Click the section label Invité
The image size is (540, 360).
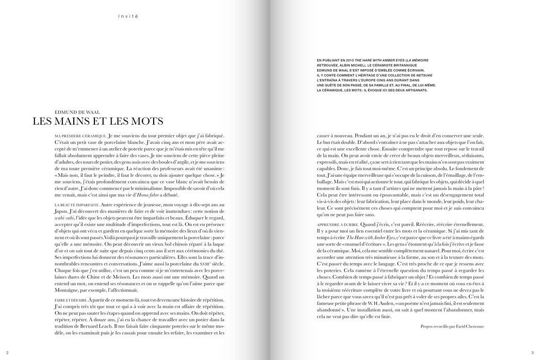[128, 16]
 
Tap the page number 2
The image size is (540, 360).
[8, 353]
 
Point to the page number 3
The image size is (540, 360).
[532, 353]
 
